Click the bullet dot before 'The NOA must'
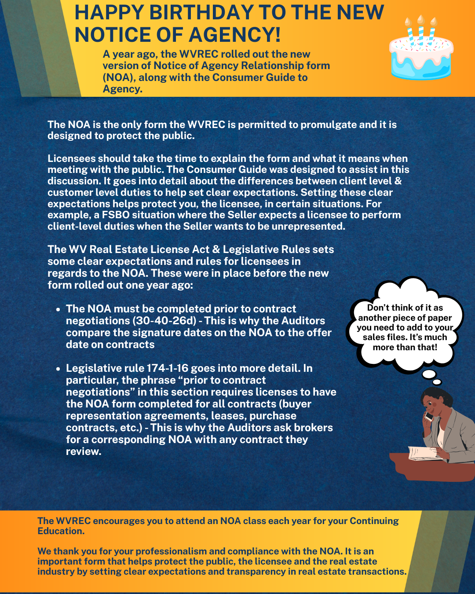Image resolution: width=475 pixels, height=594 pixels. tap(58, 309)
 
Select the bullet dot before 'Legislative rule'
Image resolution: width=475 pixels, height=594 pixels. tap(58, 369)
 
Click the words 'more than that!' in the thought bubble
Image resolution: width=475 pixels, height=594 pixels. tap(405, 347)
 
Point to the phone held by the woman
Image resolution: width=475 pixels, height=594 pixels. tap(427, 415)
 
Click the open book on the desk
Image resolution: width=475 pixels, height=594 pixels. tap(424, 453)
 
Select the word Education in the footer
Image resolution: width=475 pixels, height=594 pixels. tap(60, 531)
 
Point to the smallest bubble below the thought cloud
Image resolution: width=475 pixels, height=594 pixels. tap(437, 382)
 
